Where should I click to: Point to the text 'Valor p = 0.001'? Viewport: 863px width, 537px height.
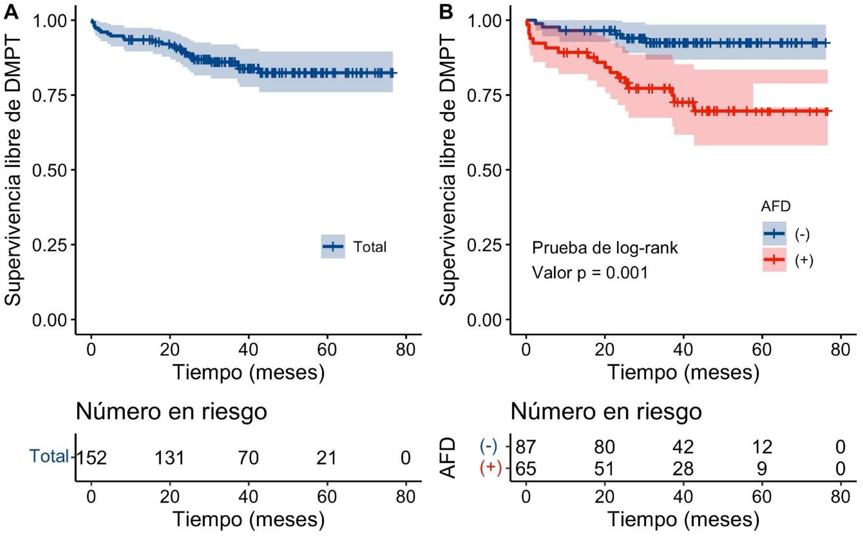coord(590,273)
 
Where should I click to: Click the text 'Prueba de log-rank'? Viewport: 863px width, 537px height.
coord(605,248)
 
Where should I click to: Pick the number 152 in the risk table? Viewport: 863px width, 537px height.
coord(91,458)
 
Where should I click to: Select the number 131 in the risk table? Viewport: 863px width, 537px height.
coord(170,458)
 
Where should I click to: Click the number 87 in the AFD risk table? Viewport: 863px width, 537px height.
coord(525,446)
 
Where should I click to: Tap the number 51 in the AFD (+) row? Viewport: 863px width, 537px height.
coord(604,469)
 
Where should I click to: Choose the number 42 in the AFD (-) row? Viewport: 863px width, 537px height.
coord(683,446)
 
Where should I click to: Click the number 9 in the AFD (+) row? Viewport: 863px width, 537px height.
coord(762,469)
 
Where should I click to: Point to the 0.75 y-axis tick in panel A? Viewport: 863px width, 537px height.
coord(49,95)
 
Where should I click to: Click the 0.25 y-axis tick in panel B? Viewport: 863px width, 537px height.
coord(484,245)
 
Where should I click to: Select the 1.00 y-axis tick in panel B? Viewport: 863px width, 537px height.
coord(484,20)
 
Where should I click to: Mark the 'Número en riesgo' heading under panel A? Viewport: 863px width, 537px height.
coord(171,412)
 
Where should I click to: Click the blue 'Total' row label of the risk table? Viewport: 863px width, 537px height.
coord(49,456)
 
